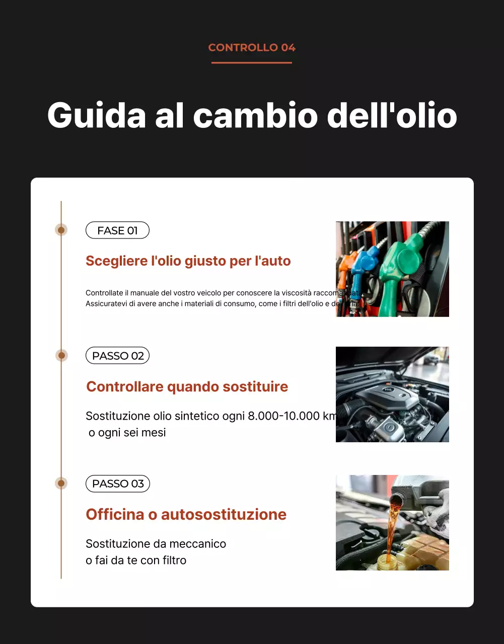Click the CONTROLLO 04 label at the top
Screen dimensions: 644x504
coord(252,48)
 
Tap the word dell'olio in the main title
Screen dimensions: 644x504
coord(392,116)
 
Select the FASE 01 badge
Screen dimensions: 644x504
coord(117,230)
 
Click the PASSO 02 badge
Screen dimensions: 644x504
coord(118,356)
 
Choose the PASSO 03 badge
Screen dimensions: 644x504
coord(118,484)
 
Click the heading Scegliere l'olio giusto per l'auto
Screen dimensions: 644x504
coord(188,261)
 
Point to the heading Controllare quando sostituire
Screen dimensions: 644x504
coord(187,386)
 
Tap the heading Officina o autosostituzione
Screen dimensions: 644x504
coord(186,514)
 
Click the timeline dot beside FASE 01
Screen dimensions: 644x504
coord(61,230)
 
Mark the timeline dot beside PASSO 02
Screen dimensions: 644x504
coord(61,356)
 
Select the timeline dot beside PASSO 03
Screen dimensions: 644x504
coord(61,484)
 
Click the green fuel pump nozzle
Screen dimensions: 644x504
coord(400,267)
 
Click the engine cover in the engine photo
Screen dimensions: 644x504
coord(390,397)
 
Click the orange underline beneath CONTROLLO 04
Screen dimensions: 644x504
coord(252,63)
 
